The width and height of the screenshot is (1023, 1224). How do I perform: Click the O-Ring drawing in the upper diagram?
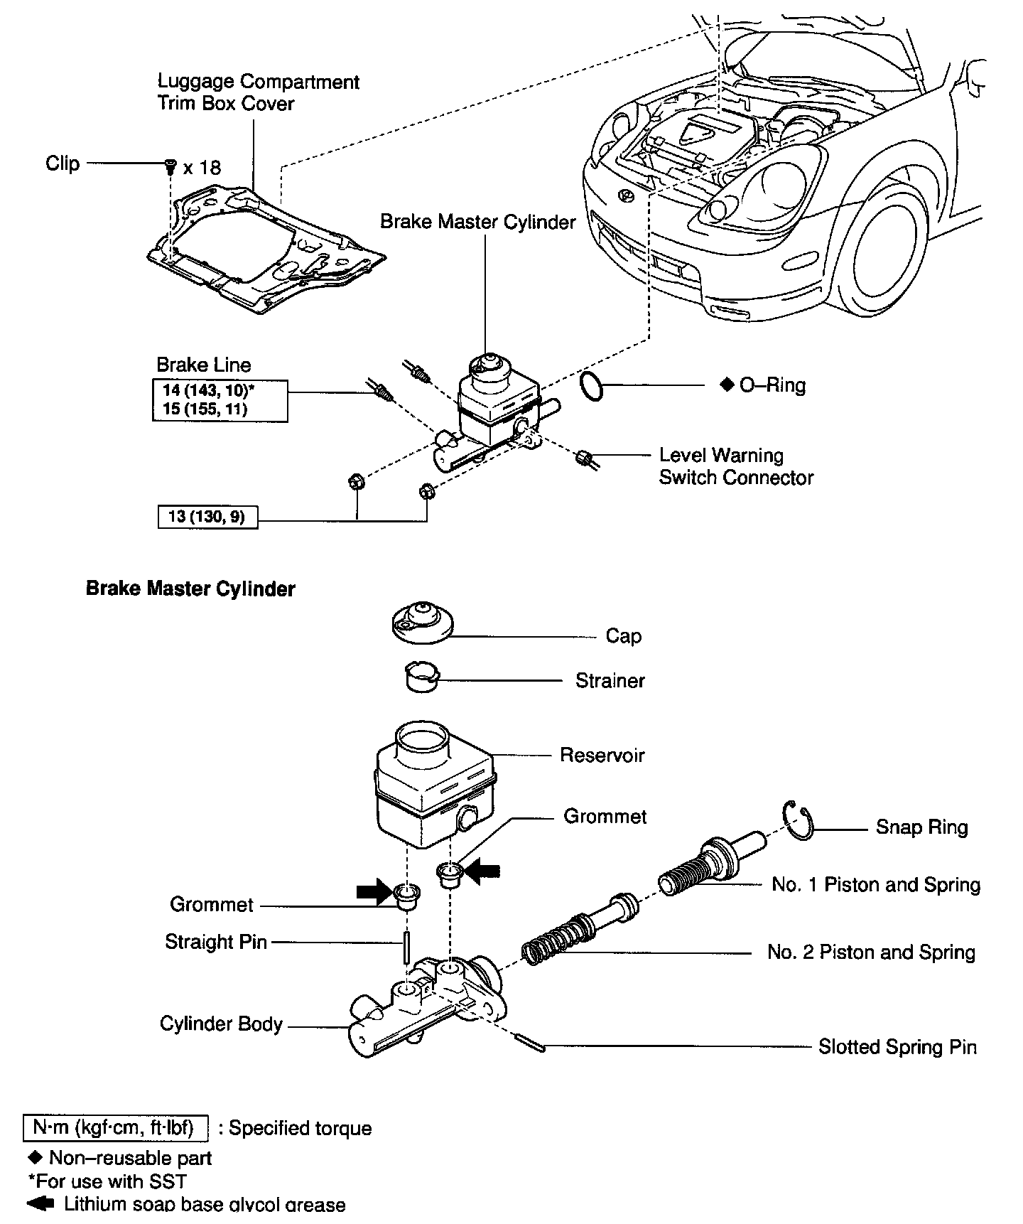[592, 386]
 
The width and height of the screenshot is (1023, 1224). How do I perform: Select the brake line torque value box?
[220, 400]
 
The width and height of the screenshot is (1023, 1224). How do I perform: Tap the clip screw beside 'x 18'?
[170, 167]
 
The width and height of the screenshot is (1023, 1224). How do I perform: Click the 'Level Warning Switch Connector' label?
[735, 466]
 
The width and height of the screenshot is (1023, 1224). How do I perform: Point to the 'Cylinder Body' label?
[221, 1024]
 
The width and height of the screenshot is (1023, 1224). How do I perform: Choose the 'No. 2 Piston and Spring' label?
[871, 952]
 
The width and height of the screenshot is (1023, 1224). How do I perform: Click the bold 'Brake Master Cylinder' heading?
[190, 589]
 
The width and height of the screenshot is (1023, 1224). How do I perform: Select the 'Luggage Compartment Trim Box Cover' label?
[258, 92]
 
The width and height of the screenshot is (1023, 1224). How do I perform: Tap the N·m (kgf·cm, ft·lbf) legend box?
[116, 1128]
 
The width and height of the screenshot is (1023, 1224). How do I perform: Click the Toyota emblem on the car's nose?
[627, 196]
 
